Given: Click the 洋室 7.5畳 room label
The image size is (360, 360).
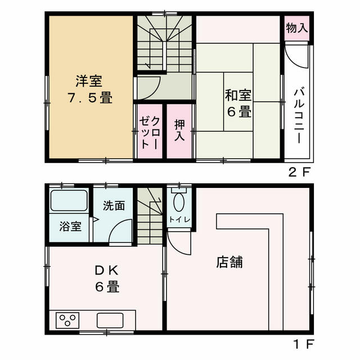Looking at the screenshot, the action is coord(90,89).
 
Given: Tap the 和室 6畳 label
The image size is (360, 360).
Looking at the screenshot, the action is coord(238,103).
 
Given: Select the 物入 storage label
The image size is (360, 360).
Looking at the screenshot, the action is coord(297,28).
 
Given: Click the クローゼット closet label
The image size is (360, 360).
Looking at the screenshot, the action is coord(150,133).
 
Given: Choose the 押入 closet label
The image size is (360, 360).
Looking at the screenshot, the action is coord(179,130).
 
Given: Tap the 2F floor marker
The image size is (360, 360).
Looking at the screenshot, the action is coord(299,172).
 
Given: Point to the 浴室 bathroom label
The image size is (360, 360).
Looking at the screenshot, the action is coord(70,226).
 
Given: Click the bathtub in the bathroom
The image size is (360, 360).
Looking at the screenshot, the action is coord(69,200).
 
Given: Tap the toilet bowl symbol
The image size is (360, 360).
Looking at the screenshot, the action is coord(179,202).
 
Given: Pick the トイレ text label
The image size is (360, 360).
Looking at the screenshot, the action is coord(179,219).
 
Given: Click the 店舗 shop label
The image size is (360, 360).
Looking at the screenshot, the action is coord(229,262).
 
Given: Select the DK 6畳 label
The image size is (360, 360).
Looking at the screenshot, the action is coord(107,278).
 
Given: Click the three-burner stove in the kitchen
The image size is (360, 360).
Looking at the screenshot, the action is coord(67,320).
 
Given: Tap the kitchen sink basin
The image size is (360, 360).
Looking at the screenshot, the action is coord(110,321).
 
